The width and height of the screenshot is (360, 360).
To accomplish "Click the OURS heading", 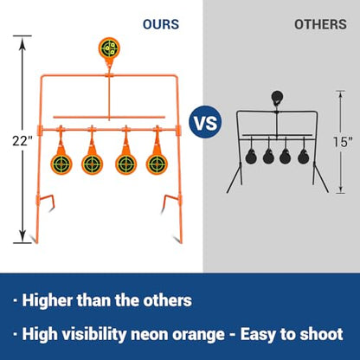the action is click(161, 24).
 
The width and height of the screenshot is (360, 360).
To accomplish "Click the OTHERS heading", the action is click(320, 24).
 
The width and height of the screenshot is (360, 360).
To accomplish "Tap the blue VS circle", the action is click(205, 122).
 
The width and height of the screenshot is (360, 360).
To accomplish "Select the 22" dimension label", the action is click(22, 141).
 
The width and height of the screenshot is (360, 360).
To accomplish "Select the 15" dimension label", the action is click(343, 142).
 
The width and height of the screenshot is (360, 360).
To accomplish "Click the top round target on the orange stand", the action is click(109, 48).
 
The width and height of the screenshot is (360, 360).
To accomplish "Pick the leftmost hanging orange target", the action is click(61, 164).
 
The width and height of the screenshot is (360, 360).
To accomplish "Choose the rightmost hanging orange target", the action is click(157, 164).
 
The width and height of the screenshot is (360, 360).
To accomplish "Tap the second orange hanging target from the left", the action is click(92, 164).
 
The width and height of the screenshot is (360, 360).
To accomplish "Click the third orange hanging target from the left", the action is click(126, 164).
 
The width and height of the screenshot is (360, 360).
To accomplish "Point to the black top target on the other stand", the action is click(277, 97).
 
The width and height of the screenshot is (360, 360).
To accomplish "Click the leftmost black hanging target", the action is click(251, 157).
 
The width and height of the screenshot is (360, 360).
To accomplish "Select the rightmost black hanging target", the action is click(303, 157).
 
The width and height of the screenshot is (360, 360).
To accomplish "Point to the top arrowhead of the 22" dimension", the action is click(22, 41).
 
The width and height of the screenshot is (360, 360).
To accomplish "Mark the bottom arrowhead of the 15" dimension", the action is click(341, 190).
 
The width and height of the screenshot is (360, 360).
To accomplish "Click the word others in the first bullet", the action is click(168, 300).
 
